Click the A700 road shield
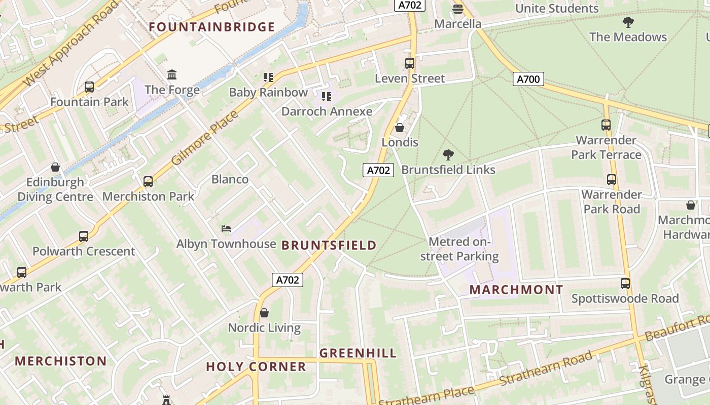point(528,79)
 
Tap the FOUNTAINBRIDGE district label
point(212,27)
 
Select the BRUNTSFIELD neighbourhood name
point(329,246)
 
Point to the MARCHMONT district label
point(516,290)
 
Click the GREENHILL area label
point(358,353)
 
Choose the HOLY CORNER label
point(256,367)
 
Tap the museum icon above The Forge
point(172,75)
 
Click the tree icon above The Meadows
point(628,22)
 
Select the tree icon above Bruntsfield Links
point(448,155)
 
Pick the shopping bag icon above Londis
point(400,128)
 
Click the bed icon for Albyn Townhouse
point(226,229)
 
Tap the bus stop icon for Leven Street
point(410,63)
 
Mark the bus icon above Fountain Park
point(89,87)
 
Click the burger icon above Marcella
point(458,9)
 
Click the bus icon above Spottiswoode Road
point(625,283)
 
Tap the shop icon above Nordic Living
point(264,313)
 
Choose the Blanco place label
point(230,180)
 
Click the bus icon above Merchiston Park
point(148,182)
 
